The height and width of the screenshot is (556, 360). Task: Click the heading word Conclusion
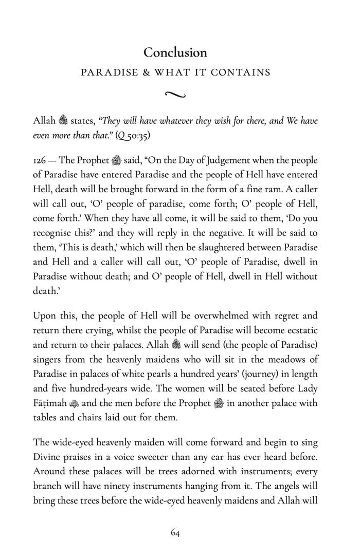[175, 52]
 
